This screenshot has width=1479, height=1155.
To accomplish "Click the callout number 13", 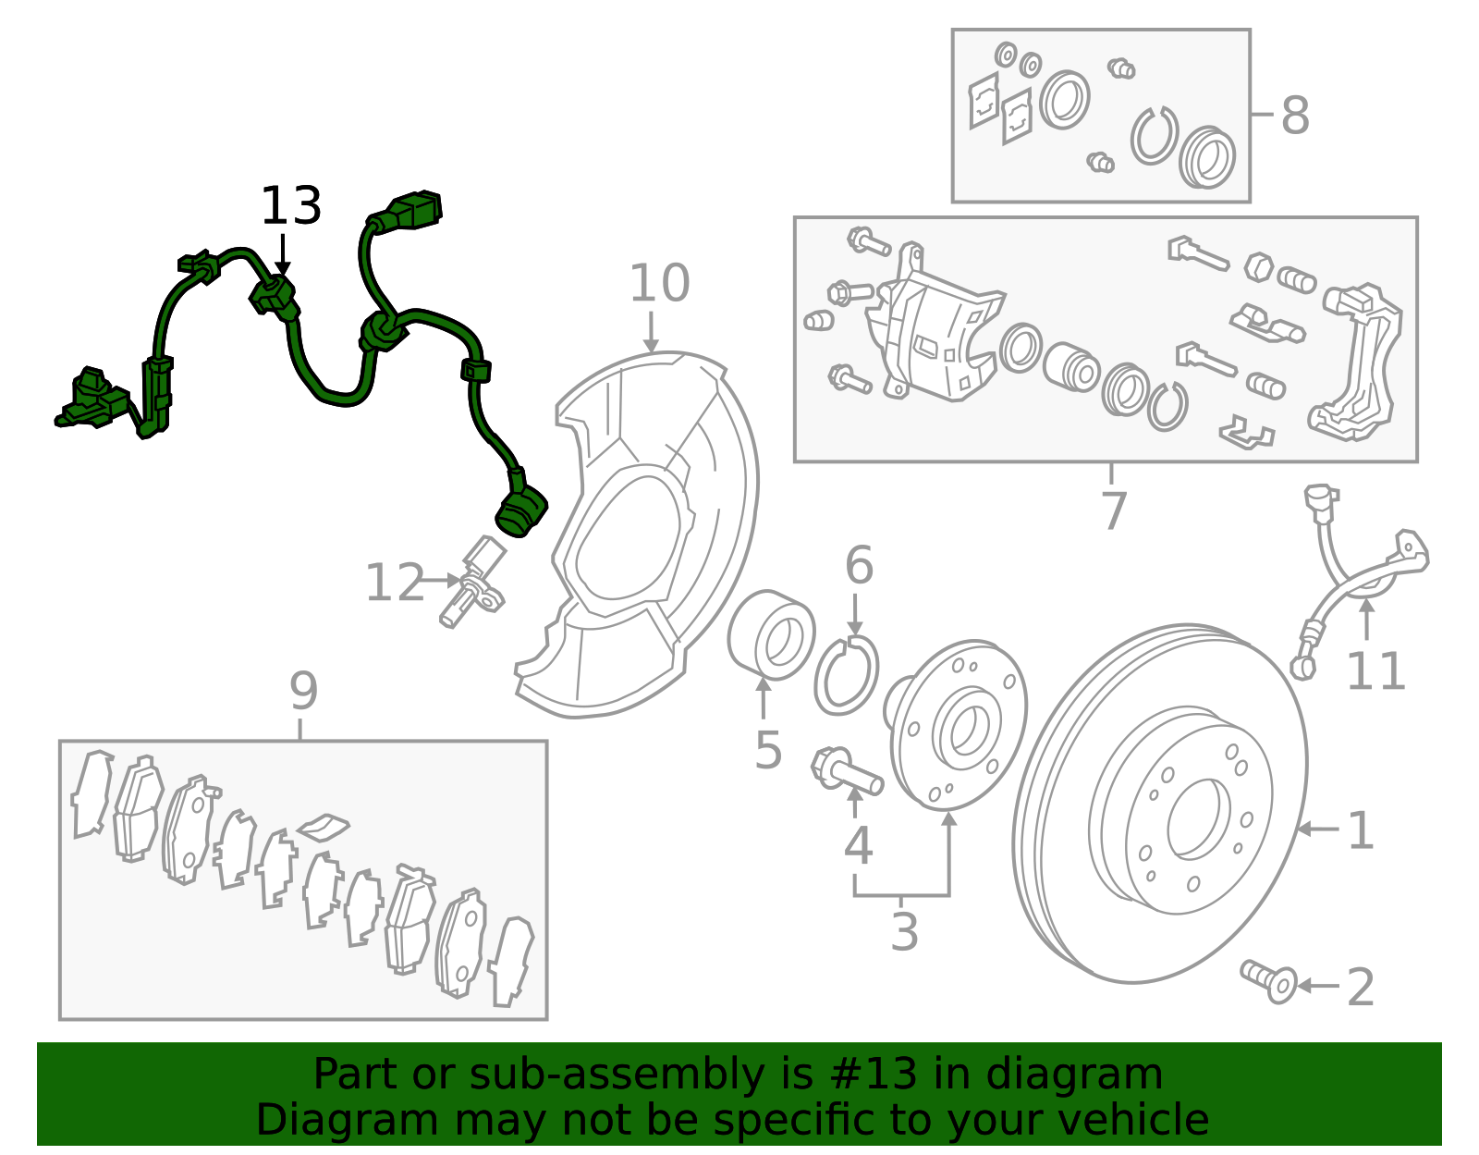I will click(290, 206).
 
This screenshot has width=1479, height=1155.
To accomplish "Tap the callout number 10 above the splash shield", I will click(659, 284).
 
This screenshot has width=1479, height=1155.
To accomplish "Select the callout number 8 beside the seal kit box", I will click(1295, 117).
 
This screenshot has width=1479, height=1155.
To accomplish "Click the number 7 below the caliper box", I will click(1114, 511).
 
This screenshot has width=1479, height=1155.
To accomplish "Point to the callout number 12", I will click(395, 584).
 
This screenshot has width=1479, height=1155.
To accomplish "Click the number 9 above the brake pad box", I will click(303, 692).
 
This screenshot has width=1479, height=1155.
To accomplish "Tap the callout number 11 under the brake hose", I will click(1375, 672).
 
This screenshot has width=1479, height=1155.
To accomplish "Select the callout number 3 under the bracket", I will click(904, 932).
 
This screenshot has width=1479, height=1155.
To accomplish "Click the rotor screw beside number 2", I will click(1270, 981).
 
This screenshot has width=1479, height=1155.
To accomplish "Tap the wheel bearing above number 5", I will click(772, 635).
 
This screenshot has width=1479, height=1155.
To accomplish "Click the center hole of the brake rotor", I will click(1198, 817).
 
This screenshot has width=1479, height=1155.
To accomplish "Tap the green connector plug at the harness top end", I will click(412, 211).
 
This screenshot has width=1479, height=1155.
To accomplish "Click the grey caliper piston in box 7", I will click(1070, 366).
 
